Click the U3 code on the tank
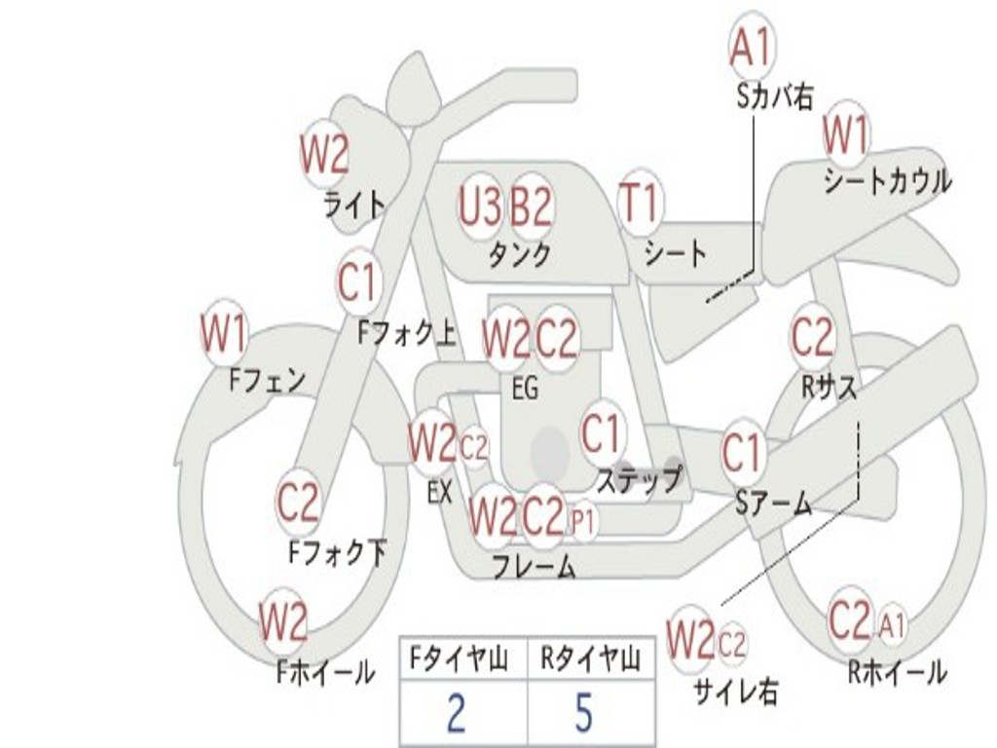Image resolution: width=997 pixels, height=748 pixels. [480, 206]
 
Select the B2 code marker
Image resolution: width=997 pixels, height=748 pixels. [532, 206]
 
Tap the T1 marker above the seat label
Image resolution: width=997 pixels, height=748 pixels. [640, 206]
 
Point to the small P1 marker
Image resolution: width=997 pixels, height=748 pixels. [583, 522]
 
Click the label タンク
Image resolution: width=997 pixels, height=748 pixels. [519, 254]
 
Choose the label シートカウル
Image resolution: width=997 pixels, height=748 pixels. [887, 181]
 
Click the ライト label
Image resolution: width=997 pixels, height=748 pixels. [354, 205]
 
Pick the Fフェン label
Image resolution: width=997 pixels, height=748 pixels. [268, 380]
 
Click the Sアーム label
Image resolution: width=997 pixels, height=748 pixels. [773, 504]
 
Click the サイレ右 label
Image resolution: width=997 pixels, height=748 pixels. [735, 692]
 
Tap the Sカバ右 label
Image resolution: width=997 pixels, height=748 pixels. [775, 96]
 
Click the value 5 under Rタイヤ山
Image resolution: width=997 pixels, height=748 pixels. [583, 714]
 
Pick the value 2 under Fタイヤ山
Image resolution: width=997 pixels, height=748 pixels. [456, 714]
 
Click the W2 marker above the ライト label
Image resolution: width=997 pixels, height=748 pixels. [324, 154]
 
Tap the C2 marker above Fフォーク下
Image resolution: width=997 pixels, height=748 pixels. [298, 503]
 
